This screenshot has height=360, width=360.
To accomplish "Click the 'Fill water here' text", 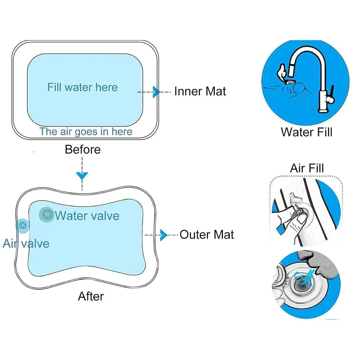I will (82, 87).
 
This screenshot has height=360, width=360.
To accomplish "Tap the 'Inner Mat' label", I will (200, 91).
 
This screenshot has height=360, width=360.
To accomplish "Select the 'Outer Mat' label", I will (207, 235).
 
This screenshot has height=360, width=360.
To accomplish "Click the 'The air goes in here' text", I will (86, 131).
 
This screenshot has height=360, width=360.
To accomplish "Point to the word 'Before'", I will (82, 149).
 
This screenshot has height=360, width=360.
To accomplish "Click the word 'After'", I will (91, 296).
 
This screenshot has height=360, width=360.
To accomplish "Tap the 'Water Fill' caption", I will (307, 132).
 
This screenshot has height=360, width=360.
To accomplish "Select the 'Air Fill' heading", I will (307, 168).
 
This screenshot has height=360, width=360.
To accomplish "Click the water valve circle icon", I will (46, 214).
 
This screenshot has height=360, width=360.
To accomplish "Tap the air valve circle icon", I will (23, 225).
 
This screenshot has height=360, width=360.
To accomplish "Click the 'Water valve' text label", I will (87, 216).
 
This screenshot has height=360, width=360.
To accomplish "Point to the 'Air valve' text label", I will (26, 243).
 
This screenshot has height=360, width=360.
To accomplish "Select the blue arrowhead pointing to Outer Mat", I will (163, 235).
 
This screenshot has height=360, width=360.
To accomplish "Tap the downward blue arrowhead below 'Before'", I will (82, 175).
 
